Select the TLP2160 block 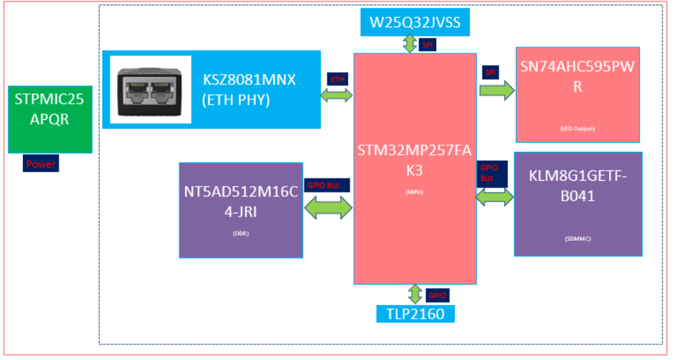coord(414,313)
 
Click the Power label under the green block coord(41,164)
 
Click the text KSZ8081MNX coord(249,80)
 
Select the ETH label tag coord(336,79)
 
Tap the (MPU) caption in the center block coord(414,192)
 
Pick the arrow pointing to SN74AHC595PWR coord(496,90)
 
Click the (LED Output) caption coord(577,129)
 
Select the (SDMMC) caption coord(578,239)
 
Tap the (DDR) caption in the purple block coord(241,235)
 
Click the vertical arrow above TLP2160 coord(414,294)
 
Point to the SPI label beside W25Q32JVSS coord(428,45)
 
